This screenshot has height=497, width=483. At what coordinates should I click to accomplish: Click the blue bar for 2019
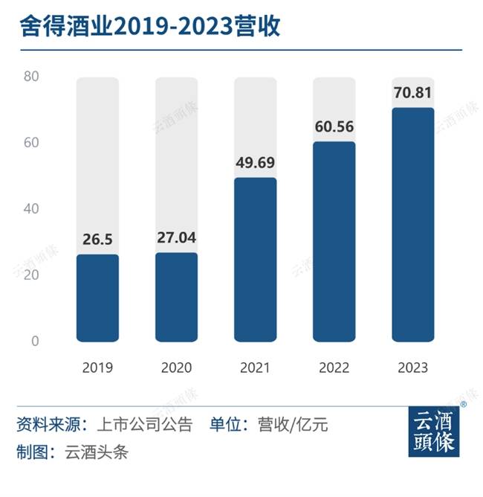pos(97,298)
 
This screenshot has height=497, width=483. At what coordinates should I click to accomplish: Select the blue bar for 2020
pos(176,297)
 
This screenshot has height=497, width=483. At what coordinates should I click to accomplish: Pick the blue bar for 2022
pos(334,241)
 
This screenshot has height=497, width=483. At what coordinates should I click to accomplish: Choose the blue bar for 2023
pos(412,224)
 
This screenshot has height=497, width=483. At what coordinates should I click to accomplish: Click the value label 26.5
pos(97,241)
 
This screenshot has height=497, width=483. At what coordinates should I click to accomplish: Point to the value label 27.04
pos(176,239)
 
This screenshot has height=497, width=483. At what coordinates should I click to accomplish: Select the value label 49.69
pos(255,164)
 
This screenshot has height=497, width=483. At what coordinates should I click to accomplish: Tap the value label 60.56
pos(334,127)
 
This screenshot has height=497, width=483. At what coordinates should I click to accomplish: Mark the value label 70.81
pos(412,94)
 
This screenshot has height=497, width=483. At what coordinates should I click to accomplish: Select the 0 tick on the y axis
pos(34,342)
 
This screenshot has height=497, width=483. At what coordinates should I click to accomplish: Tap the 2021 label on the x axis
pos(255,368)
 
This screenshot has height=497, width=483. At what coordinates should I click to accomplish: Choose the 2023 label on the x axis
pos(412,368)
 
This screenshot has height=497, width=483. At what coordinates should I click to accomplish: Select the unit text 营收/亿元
pos(293,426)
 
